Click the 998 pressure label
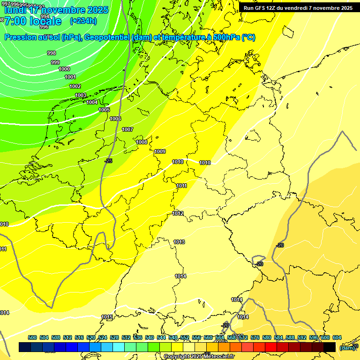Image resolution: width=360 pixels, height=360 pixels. (x=52, y=53)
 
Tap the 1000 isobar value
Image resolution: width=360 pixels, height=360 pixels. (x=64, y=69)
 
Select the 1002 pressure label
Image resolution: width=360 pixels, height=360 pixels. (x=75, y=86)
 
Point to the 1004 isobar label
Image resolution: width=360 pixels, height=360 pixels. (x=92, y=102)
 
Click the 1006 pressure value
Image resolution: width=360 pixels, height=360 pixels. (x=115, y=119)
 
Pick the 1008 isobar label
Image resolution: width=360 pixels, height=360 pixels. (x=142, y=142)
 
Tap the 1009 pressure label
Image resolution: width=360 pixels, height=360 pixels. (x=160, y=151)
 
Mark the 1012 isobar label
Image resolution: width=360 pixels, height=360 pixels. (x=178, y=213)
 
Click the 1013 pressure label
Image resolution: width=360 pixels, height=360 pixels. (x=179, y=242)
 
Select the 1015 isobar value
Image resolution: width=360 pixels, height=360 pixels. (x=107, y=317)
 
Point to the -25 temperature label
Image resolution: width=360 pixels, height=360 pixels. (x=108, y=161)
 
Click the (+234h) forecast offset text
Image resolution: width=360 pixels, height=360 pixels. (x=83, y=21)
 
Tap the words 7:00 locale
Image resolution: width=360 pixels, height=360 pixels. (x=33, y=21)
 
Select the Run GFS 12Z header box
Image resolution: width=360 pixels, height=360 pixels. (x=298, y=7)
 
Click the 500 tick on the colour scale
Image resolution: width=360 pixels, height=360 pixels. (x=32, y=337)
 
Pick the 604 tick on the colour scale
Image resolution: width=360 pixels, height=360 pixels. (x=337, y=337)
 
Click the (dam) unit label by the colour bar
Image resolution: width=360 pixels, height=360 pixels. (x=346, y=347)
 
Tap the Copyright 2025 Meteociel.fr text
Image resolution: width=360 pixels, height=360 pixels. (x=199, y=357)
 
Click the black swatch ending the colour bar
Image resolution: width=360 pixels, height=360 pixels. (x=330, y=347)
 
